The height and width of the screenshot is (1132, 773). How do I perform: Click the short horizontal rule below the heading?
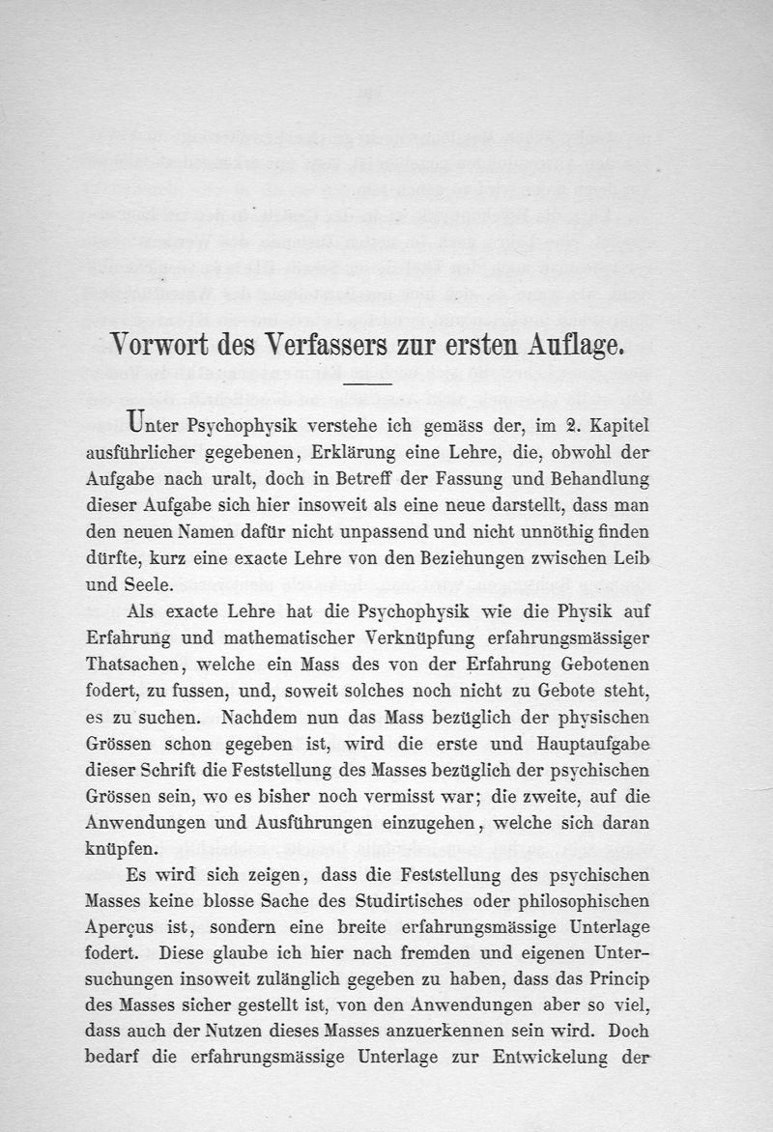(368, 383)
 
